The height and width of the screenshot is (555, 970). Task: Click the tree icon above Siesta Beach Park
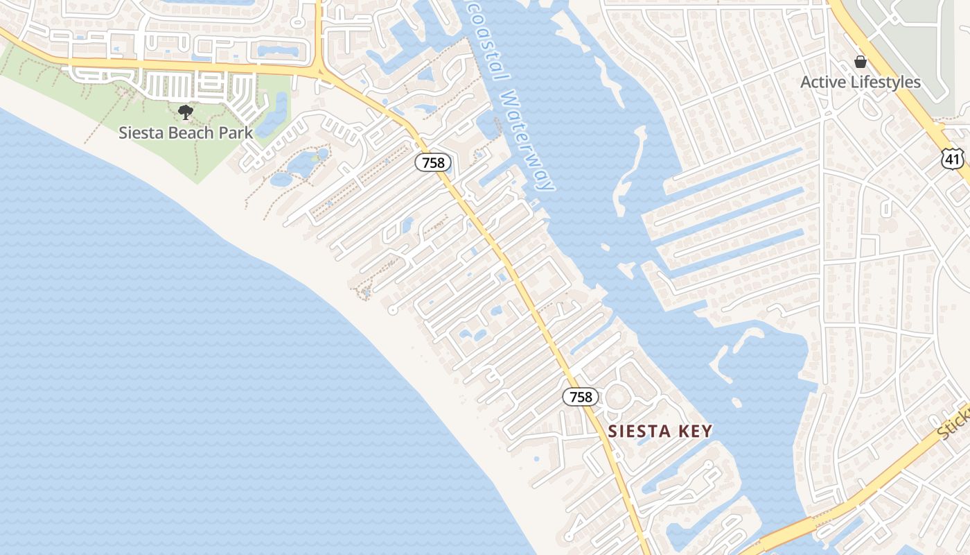tap(185, 112)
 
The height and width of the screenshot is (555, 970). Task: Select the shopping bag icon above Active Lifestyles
tap(861, 62)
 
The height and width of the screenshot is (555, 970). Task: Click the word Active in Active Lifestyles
tap(823, 83)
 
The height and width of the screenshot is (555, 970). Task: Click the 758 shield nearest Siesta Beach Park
tap(434, 163)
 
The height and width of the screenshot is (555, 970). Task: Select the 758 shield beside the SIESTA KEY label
tap(581, 397)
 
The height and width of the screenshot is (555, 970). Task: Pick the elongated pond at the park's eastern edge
tap(281, 108)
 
